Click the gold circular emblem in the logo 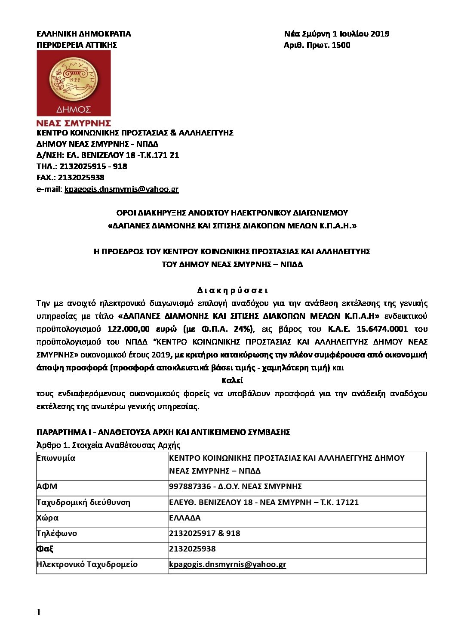point(74,79)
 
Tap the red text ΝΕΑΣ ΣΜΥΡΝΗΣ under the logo point(74,123)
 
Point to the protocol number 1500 point(341,45)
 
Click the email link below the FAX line point(121,189)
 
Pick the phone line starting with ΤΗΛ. point(82,166)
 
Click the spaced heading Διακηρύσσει point(232,291)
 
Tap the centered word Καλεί point(232,381)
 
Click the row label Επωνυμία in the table point(56,458)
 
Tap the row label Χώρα point(48,518)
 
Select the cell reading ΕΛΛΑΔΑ point(185,518)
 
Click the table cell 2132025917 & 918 point(205,533)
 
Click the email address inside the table point(227,564)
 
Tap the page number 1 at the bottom point(39,612)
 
